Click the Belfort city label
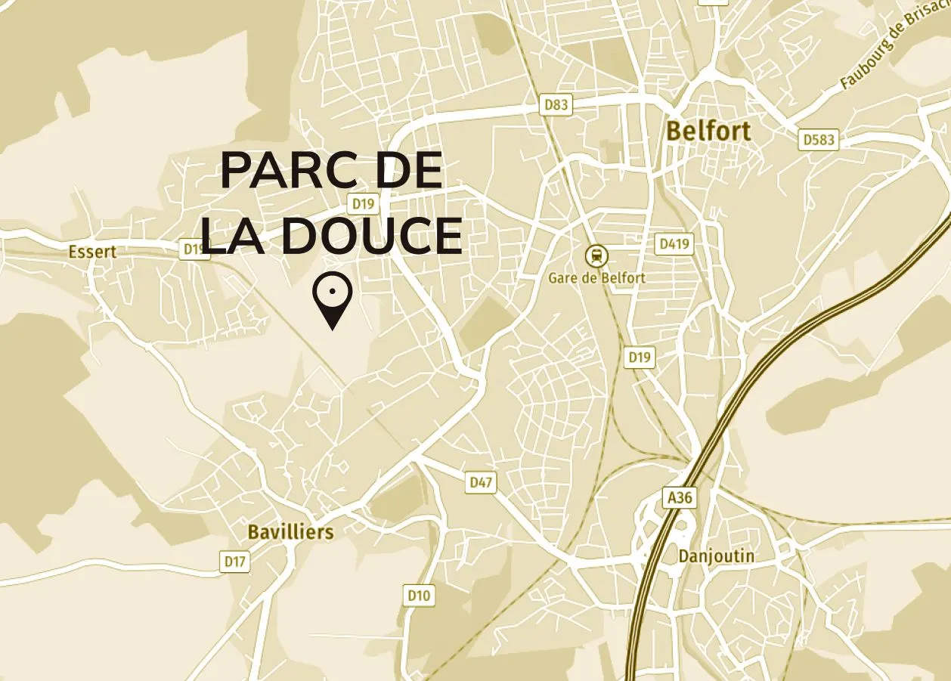708,131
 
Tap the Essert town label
92,252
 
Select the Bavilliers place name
290,532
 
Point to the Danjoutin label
716,556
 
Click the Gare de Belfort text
597,278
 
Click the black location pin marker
332,301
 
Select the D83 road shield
556,105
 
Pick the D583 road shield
819,140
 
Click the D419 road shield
674,244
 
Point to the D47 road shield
481,482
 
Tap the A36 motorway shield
678,498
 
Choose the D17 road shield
235,562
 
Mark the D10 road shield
419,596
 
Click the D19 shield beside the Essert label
194,249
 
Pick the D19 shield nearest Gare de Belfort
639,358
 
